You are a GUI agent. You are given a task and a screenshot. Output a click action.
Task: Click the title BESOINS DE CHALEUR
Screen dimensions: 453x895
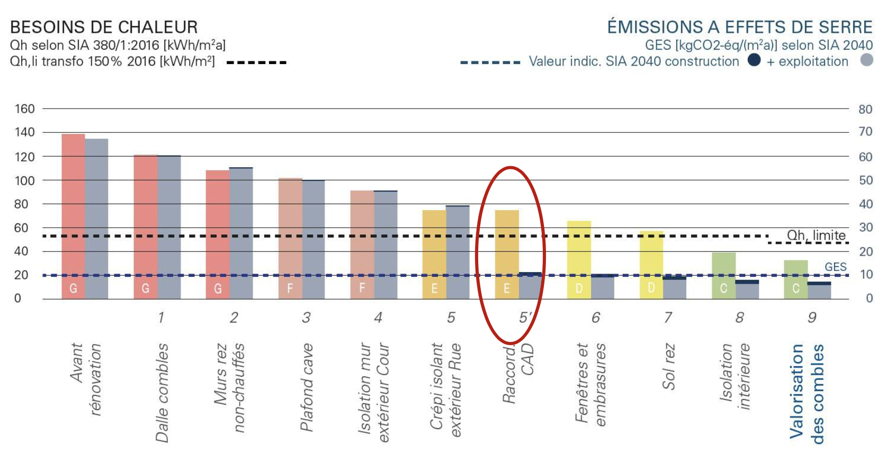tap(104, 28)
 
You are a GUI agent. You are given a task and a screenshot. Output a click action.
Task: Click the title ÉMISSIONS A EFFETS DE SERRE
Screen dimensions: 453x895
tap(739, 27)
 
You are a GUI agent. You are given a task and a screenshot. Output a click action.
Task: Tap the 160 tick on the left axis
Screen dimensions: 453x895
tap(24, 109)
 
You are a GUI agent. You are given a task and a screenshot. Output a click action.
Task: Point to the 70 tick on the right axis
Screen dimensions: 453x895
tap(865, 132)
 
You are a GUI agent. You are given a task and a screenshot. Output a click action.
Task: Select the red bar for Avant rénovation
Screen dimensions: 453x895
tap(73, 212)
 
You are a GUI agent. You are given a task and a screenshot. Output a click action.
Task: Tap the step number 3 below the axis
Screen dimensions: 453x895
tap(306, 318)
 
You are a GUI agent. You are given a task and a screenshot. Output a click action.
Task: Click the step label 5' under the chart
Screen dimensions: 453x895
tap(525, 318)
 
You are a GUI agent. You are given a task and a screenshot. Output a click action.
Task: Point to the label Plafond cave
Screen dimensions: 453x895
tap(307, 387)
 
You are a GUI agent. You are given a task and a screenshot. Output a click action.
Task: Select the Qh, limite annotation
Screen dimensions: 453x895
tap(816, 235)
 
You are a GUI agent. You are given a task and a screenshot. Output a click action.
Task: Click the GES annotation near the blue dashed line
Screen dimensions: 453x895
tap(835, 267)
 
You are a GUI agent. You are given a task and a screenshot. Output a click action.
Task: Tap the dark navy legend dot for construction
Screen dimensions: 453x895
tap(754, 60)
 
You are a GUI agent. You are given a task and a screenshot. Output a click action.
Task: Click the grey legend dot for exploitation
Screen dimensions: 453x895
tap(866, 60)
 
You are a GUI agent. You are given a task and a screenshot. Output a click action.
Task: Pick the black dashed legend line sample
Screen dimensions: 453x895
tap(256, 62)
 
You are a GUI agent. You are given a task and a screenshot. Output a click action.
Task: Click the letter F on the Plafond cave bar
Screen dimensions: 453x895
tap(290, 288)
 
